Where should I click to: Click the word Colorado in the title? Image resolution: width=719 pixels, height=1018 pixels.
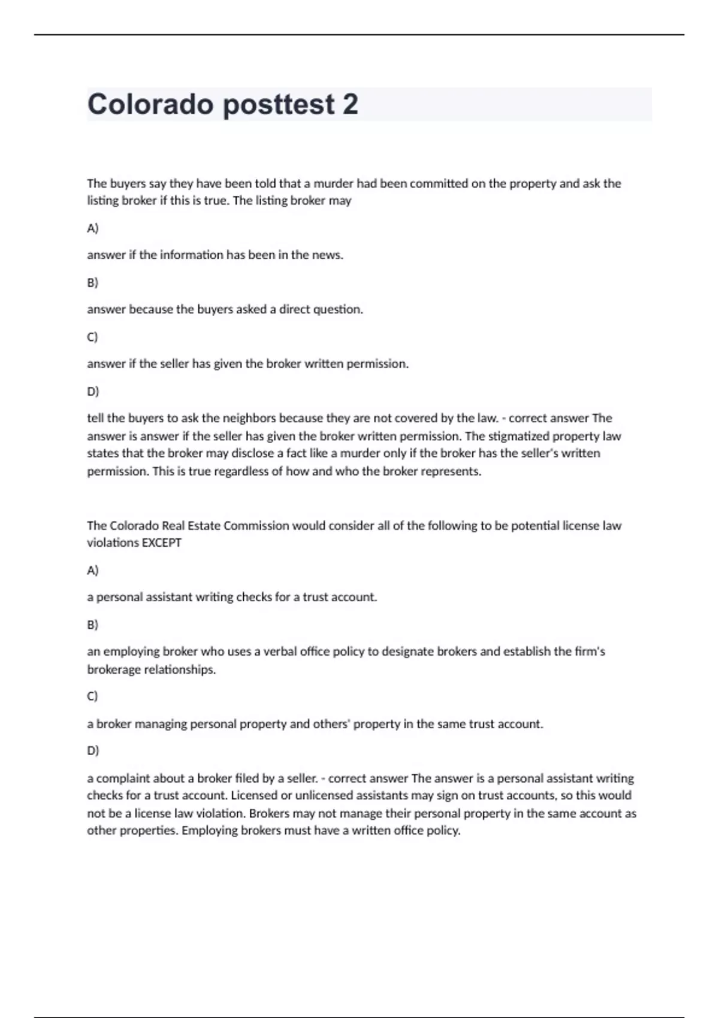150,104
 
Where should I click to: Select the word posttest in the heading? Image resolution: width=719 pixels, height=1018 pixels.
279,104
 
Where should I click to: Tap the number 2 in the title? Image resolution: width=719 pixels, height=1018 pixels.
351,104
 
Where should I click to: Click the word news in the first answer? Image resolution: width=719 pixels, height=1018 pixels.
327,255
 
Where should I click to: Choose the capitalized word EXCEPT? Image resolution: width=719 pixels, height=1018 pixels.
161,543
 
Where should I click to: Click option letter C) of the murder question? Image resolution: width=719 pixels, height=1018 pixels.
92,337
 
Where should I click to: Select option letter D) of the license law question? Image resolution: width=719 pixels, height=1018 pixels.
93,751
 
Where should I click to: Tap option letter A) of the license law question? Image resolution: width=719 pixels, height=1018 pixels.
93,571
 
